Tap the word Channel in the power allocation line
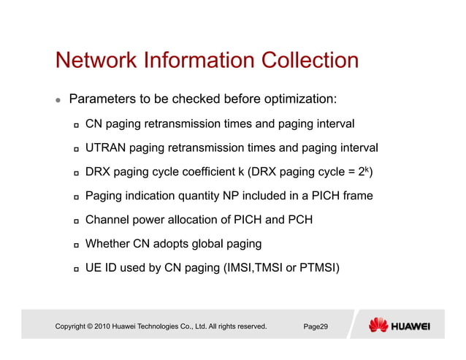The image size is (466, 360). click(x=108, y=220)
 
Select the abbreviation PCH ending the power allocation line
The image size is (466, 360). click(x=299, y=220)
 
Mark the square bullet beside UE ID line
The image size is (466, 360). click(x=75, y=268)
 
